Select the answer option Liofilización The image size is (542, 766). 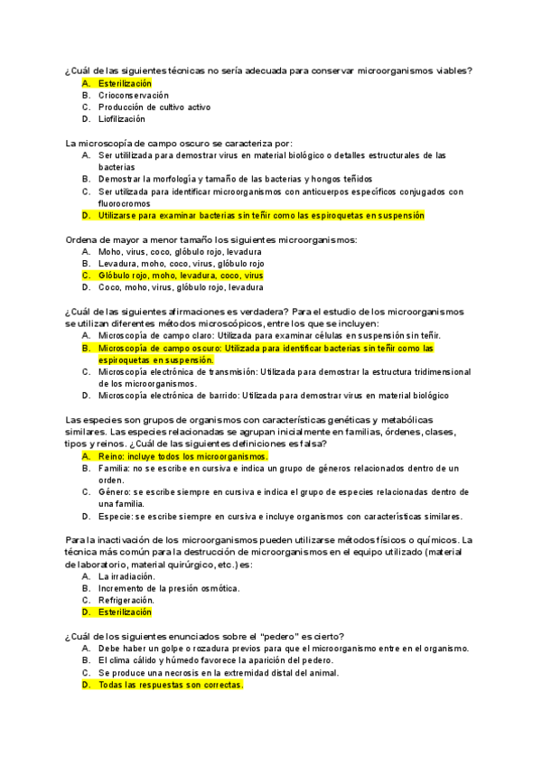[122, 118]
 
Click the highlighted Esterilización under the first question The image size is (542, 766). [126, 83]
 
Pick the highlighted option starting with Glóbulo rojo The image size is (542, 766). [181, 275]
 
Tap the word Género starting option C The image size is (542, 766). [115, 492]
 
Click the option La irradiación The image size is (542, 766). [126, 575]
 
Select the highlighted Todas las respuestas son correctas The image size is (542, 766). [171, 685]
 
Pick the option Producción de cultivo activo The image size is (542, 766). [154, 107]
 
